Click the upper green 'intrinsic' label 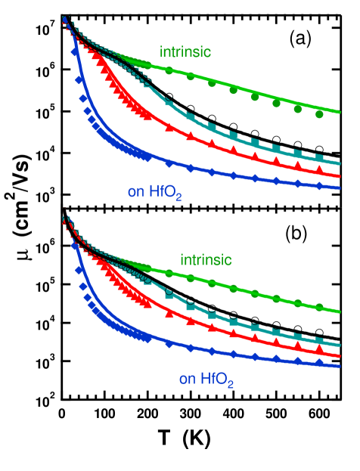pos(185,52)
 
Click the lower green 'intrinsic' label pos(206,260)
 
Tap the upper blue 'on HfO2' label pos(155,192)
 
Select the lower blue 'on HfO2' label pos(206,380)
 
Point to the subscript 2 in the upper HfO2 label pos(179,197)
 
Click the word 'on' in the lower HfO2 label pos(187,379)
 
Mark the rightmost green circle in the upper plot pos(319,114)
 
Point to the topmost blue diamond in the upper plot pos(74,52)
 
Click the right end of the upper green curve pos(340,112)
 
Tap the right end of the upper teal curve pos(340,163)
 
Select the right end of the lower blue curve pos(340,367)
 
